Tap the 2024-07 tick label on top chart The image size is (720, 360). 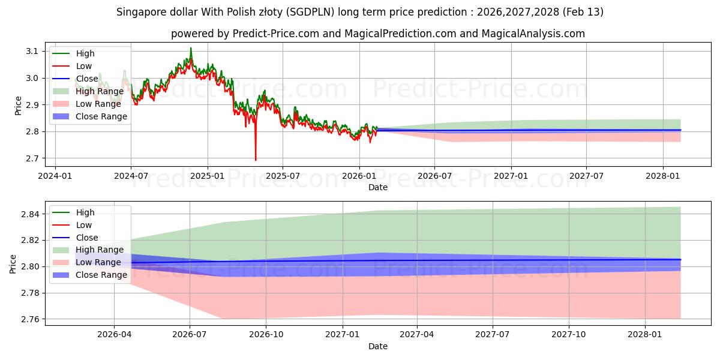tap(131, 176)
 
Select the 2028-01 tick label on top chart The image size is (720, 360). tap(662, 176)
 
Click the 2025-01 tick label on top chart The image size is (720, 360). tap(207, 176)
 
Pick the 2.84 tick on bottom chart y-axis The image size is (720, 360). tap(29, 214)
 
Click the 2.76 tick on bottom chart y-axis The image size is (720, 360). tap(29, 319)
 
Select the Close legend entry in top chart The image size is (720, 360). tap(87, 79)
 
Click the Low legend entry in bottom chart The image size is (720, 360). tap(83, 225)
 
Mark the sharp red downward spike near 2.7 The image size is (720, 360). tap(256, 158)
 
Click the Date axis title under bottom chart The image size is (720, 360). tap(378, 346)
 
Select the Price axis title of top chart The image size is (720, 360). tap(18, 105)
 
